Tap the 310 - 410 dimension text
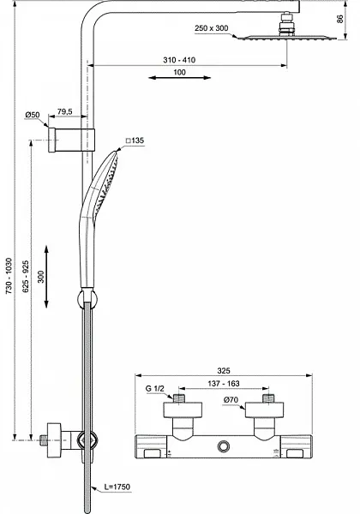(178, 61)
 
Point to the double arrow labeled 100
(177, 77)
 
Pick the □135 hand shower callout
(136, 140)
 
